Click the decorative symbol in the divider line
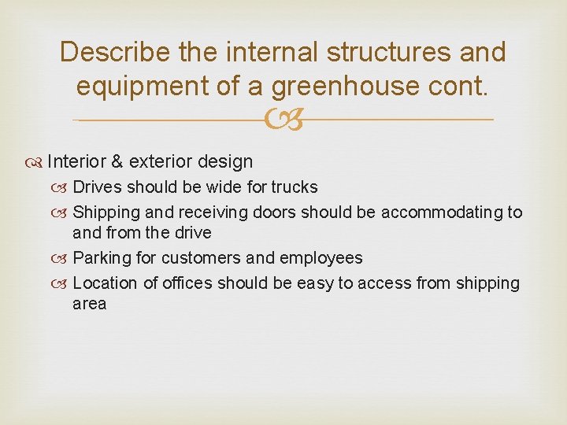coord(283,120)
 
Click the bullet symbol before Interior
coord(37,162)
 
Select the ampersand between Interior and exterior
coord(117,162)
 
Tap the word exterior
coord(160,162)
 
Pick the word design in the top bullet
coord(225,162)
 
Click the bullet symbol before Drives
coord(62,187)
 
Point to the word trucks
coord(295,187)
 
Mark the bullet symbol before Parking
coord(62,258)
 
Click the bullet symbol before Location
coord(62,283)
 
